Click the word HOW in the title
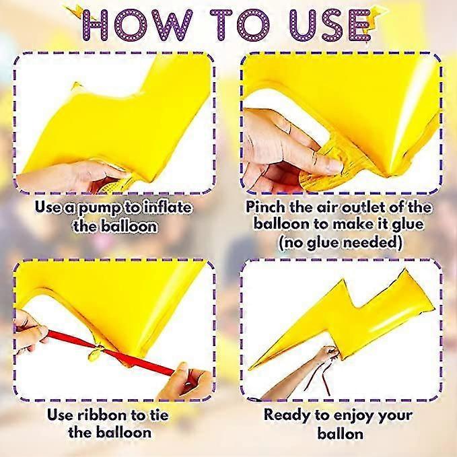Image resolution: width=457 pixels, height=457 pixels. pyautogui.click(x=137, y=25)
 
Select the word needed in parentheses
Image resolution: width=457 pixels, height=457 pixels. pyautogui.click(x=373, y=242)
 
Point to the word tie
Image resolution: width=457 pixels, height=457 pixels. pyautogui.click(x=157, y=415)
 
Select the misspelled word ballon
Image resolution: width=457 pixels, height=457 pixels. pyautogui.click(x=340, y=433)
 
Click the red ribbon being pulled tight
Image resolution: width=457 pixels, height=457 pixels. pyautogui.click(x=111, y=353)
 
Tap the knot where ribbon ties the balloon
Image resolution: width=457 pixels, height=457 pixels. pyautogui.click(x=96, y=351)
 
